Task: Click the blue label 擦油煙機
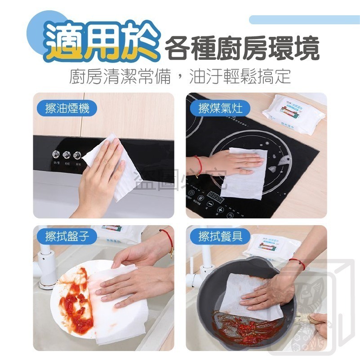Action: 67,108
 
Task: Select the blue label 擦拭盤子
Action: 67,236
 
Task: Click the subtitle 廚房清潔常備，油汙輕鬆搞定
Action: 180,76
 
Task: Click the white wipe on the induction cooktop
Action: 247,173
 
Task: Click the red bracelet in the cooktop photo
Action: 199,165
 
